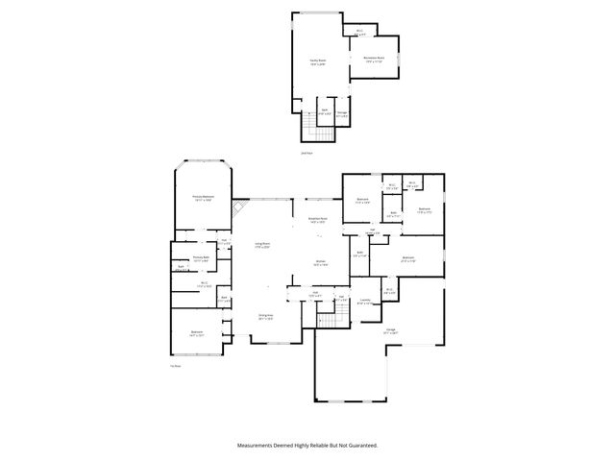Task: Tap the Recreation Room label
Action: pos(375,59)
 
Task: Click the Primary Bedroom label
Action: pos(202,199)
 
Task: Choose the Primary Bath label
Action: pos(201,257)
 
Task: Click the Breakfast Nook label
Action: pos(317,220)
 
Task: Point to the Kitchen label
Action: pos(321,262)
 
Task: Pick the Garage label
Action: pos(391,330)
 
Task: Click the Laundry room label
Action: pos(365,302)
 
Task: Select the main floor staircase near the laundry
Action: pos(333,319)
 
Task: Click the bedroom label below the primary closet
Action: pos(196,333)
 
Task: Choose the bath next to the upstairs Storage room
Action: pos(325,111)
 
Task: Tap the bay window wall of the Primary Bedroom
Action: pos(202,160)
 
